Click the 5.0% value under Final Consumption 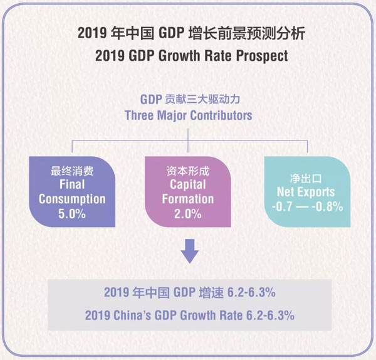[71, 214]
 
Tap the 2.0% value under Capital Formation [188, 214]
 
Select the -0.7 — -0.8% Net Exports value [305, 206]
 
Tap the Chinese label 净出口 [305, 177]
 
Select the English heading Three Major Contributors [188, 116]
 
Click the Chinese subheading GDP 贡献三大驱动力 [188, 100]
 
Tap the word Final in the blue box [71, 184]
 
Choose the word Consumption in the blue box [71, 199]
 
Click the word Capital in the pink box [188, 184]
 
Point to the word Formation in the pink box [188, 199]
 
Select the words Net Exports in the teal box [305, 192]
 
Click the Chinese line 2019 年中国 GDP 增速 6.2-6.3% [188, 292]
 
